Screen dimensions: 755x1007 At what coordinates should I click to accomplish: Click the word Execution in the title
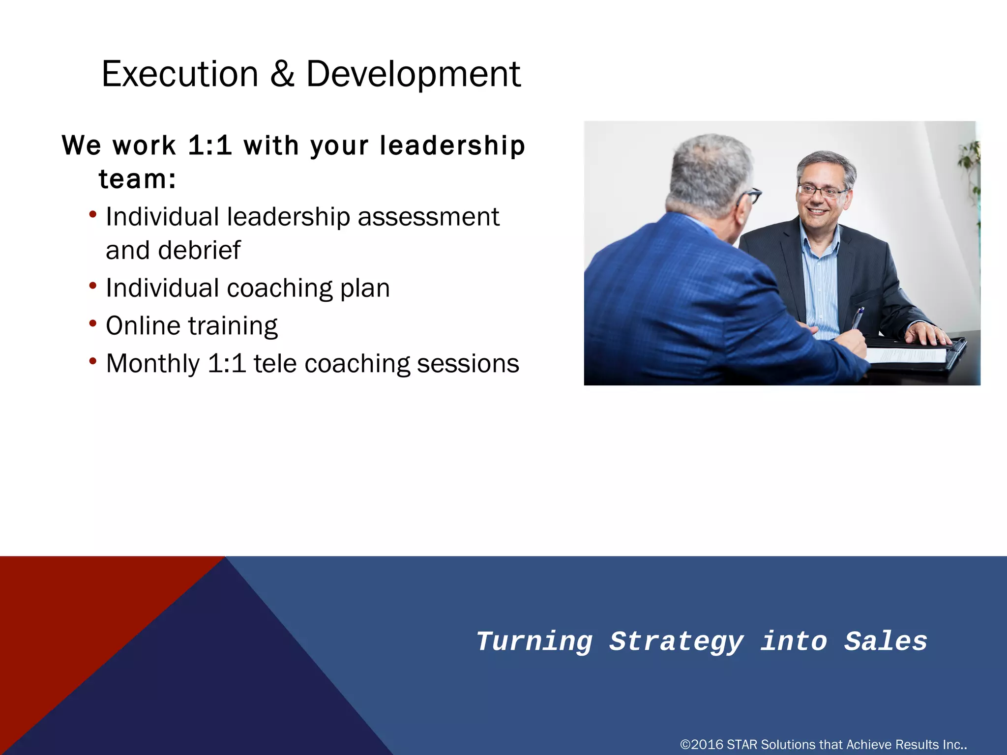179,74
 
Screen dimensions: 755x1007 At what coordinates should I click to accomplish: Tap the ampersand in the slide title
282,74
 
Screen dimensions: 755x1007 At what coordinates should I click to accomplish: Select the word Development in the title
413,74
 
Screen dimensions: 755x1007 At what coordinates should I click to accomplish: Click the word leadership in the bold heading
452,146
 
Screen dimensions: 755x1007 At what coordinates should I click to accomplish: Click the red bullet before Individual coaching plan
93,286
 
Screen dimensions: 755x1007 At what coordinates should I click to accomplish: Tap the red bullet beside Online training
93,323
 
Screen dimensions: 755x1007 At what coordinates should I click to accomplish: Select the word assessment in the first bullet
428,217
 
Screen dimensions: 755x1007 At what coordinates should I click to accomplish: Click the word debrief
199,251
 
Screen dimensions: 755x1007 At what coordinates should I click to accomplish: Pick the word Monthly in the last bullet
153,364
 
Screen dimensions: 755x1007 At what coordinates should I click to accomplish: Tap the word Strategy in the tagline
677,642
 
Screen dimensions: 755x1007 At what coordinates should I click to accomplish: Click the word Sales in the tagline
886,642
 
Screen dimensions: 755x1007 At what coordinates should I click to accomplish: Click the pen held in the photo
857,318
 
